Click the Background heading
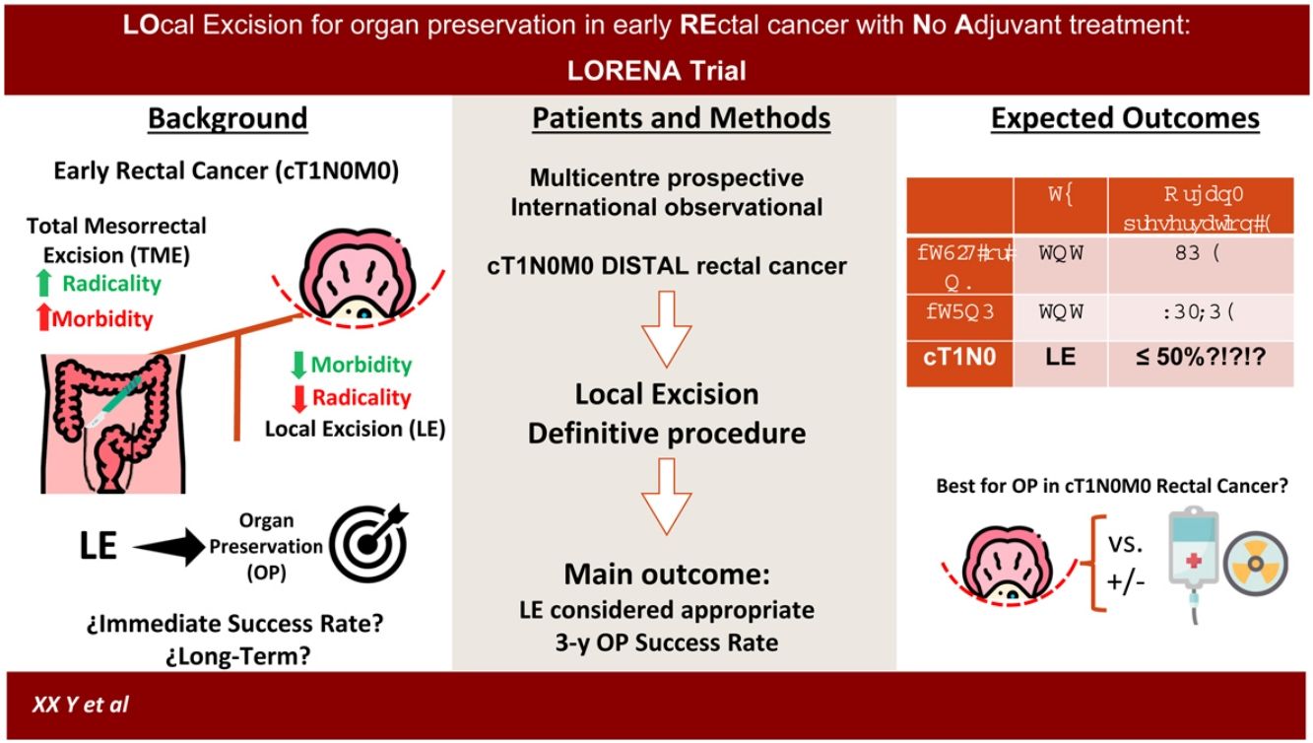(228, 119)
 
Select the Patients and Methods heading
(681, 119)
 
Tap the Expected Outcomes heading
(1125, 119)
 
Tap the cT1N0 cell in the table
(959, 357)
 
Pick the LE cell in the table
(1060, 357)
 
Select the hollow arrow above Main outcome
(671, 503)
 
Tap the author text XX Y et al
(81, 706)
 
